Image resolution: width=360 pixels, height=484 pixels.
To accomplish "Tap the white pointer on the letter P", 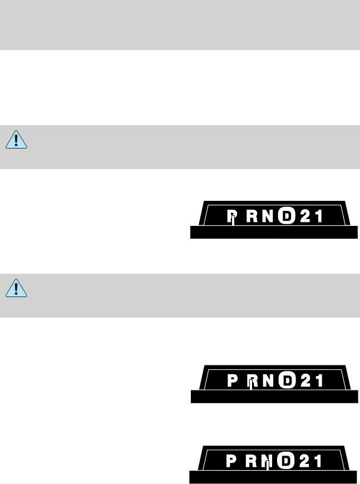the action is pos(233,220).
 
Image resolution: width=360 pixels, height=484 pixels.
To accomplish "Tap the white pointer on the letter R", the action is pos(251,384).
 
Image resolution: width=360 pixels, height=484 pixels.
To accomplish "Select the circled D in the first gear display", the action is pos(285,215).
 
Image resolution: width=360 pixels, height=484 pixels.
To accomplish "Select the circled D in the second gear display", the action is pos(286,381).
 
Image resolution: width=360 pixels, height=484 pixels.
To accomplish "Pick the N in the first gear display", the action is pos(268,215).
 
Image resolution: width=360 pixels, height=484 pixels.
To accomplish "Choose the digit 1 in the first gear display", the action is pos(319,215).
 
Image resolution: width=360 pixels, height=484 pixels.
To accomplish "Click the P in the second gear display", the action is pos(234,381).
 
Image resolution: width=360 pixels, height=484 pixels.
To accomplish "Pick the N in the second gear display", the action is pos(269,381).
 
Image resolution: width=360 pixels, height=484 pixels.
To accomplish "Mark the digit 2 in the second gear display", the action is pos(304,381).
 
